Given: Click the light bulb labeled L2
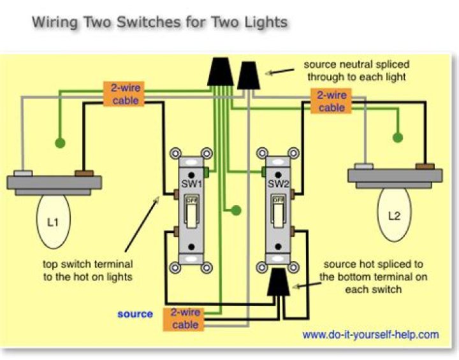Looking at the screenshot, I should tap(394, 216).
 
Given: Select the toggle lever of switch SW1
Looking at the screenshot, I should tap(191, 213).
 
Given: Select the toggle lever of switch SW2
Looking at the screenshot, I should tap(278, 213).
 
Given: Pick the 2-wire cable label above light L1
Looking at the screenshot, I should tap(125, 94).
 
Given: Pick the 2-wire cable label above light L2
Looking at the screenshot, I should tap(331, 101).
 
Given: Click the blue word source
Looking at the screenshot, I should tap(135, 313).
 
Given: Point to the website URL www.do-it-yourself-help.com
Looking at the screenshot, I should tap(370, 335).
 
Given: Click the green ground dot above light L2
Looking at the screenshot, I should tap(399, 136).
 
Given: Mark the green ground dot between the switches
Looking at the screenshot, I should tap(236, 210).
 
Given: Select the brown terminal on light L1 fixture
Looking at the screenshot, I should tap(84, 173).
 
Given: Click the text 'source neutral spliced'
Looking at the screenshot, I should tap(356, 65).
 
